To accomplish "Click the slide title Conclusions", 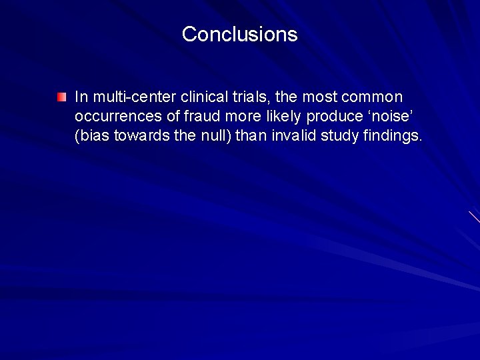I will [239, 34].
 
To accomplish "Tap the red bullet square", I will [61, 97].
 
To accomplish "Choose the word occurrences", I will [119, 117].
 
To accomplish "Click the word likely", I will [280, 117].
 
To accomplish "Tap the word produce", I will [334, 117].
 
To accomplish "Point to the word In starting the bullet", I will [81, 97].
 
